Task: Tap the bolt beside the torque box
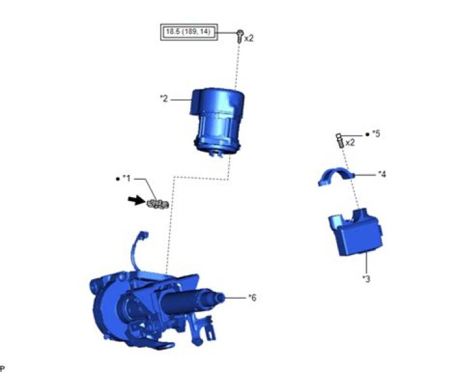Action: coord(240,36)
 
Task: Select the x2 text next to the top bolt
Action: coord(249,38)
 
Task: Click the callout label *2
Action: coord(164,99)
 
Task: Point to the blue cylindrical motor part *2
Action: coord(218,122)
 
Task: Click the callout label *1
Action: coord(127,178)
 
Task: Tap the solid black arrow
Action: coord(137,200)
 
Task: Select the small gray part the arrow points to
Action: coord(158,204)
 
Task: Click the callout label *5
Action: coord(376,134)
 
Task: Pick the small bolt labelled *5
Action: coord(340,141)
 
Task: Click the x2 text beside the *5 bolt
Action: coord(350,143)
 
